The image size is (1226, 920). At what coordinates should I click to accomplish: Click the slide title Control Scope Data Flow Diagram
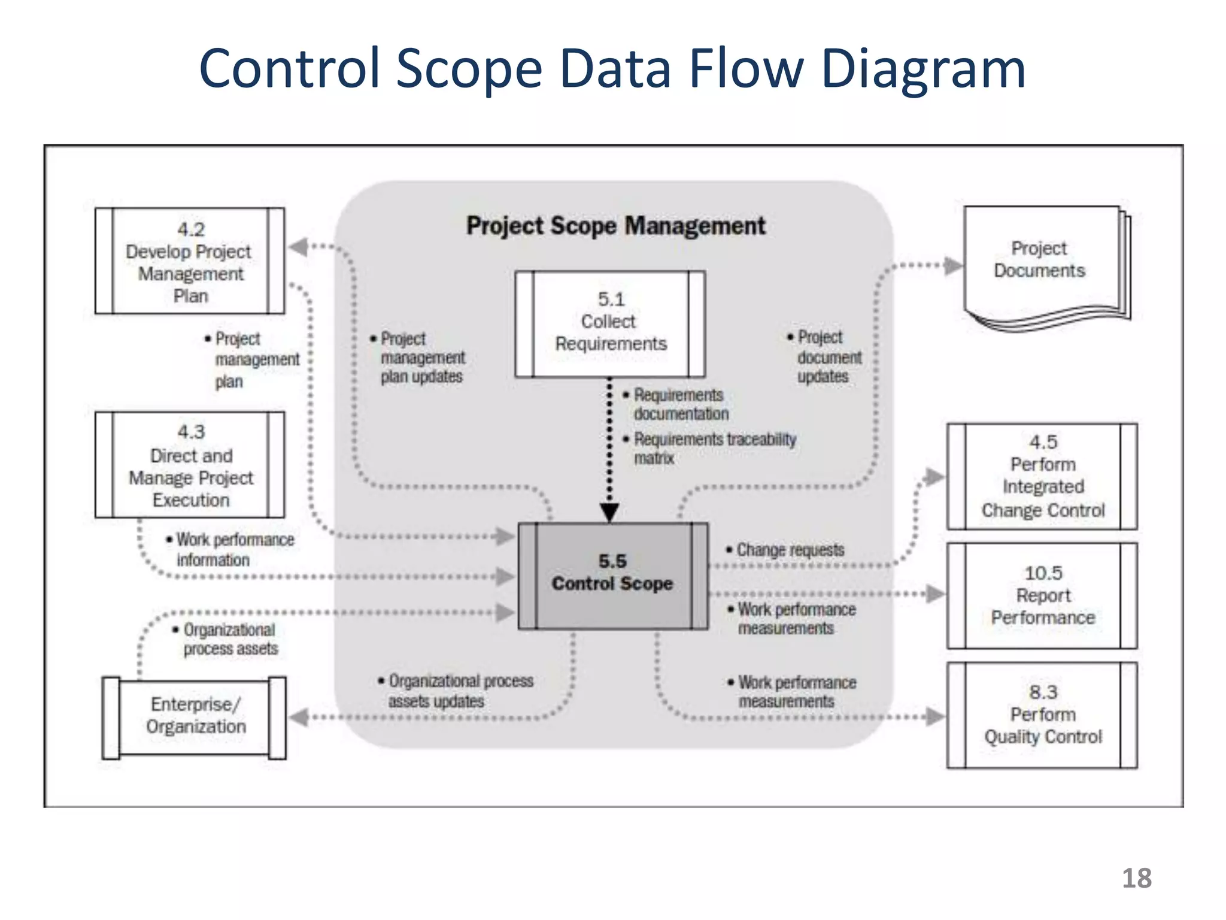[x=612, y=69]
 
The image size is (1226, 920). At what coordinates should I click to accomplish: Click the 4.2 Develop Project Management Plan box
[x=190, y=261]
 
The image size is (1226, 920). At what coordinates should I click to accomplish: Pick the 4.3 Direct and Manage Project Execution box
[x=190, y=465]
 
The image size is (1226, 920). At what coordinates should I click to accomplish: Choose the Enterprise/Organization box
[x=195, y=717]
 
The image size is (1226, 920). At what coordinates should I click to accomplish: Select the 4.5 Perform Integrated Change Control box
[x=1042, y=476]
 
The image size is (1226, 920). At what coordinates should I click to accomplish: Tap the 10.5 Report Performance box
[x=1042, y=595]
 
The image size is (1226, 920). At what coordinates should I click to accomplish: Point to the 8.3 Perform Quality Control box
[x=1042, y=715]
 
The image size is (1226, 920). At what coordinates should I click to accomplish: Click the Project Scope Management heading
[x=615, y=226]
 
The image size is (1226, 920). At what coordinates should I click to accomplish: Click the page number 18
[x=1136, y=878]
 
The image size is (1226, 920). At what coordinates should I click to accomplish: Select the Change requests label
[x=789, y=550]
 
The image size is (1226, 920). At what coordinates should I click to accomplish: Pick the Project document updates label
[x=827, y=357]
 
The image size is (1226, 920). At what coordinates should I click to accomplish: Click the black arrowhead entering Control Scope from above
[x=609, y=512]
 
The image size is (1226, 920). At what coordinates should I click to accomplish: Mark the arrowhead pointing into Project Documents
[x=952, y=265]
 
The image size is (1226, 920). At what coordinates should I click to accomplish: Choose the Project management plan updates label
[x=421, y=358]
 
